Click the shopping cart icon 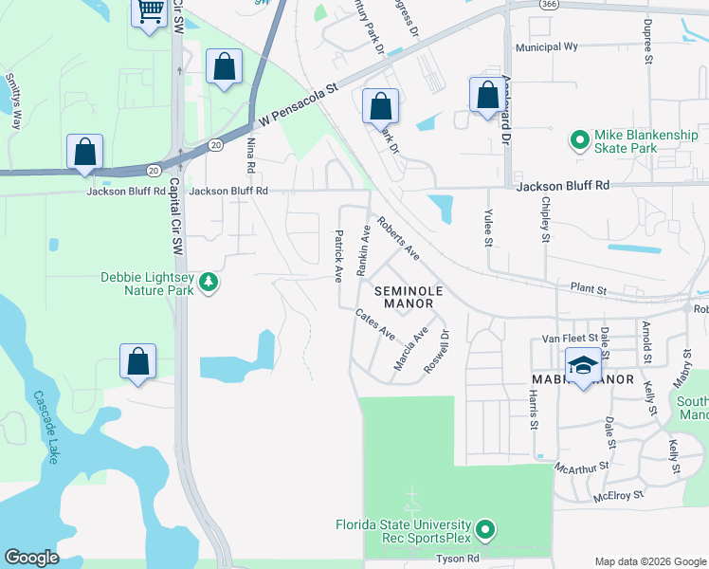coord(149,12)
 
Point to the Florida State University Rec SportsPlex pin coord(484,530)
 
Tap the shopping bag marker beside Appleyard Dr coord(487,96)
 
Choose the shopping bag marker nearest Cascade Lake coord(138,361)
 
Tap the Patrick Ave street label coord(337,256)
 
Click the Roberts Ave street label coord(398,239)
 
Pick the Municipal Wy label coord(546,46)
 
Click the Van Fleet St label coord(571,337)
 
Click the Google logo coord(31,557)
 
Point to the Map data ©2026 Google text coord(649,561)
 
